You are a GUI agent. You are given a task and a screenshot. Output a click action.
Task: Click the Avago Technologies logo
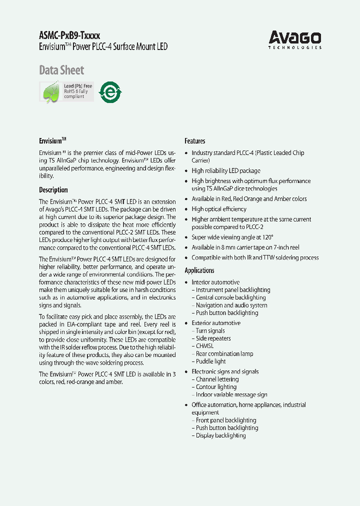(x=295, y=39)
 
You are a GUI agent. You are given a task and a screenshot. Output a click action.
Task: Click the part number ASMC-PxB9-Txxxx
(x=69, y=35)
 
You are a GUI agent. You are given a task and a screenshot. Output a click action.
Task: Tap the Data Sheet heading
(x=61, y=70)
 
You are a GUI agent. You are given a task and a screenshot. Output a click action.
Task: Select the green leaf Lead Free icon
(x=51, y=92)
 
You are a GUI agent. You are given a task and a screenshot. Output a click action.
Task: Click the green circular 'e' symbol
(x=110, y=92)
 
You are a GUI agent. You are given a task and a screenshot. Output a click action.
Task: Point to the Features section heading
(x=195, y=141)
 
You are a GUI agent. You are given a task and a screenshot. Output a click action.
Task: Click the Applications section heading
(x=199, y=270)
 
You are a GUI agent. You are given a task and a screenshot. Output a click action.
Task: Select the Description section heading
(x=53, y=190)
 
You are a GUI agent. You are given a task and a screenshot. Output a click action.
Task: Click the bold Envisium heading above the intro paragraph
(x=52, y=141)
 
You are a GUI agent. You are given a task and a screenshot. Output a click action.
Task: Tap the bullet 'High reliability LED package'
(x=226, y=171)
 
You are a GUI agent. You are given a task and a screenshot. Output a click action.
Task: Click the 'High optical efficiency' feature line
(x=219, y=209)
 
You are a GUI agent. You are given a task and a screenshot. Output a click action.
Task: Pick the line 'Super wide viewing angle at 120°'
(x=232, y=237)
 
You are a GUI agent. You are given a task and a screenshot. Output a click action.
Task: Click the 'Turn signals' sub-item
(x=210, y=331)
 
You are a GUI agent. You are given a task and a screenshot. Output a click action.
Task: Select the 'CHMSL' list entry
(x=204, y=346)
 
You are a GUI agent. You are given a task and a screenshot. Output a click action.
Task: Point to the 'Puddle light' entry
(x=210, y=361)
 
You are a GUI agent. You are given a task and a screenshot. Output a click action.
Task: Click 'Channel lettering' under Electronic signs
(x=217, y=379)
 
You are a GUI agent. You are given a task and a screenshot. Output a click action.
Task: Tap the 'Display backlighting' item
(x=220, y=435)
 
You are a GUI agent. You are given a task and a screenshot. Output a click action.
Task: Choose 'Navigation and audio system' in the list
(x=231, y=305)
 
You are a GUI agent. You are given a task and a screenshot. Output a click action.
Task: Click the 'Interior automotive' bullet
(x=215, y=282)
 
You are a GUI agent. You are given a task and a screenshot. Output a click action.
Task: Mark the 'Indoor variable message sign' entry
(x=231, y=394)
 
